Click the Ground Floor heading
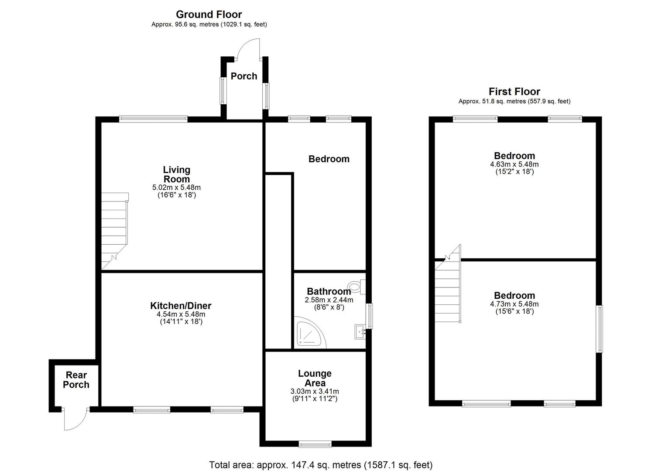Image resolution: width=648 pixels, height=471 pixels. pyautogui.click(x=209, y=14)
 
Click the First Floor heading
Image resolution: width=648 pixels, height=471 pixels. pyautogui.click(x=514, y=92)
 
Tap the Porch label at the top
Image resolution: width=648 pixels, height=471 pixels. pyautogui.click(x=244, y=76)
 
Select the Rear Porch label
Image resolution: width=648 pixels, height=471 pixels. pyautogui.click(x=76, y=380)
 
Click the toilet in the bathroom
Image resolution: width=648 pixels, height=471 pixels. pyautogui.click(x=357, y=286)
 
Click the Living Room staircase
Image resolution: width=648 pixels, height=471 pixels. pyautogui.click(x=115, y=231)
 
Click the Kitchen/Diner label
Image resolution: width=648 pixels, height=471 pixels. pyautogui.click(x=181, y=306)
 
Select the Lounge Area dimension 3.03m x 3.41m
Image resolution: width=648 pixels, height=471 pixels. pyautogui.click(x=315, y=391)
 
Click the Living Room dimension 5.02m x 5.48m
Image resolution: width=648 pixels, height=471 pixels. pyautogui.click(x=176, y=188)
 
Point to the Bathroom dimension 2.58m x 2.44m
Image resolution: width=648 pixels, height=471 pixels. pyautogui.click(x=329, y=300)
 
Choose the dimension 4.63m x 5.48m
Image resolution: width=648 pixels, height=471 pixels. pyautogui.click(x=514, y=164)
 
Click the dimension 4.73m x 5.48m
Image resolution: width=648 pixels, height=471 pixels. pyautogui.click(x=514, y=304)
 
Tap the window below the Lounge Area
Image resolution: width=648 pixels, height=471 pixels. pyautogui.click(x=315, y=444)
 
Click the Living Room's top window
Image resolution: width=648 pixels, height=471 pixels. pyautogui.click(x=153, y=118)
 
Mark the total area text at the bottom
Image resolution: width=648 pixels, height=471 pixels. pyautogui.click(x=321, y=465)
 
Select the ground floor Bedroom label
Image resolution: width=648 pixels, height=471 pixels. pyautogui.click(x=329, y=159)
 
